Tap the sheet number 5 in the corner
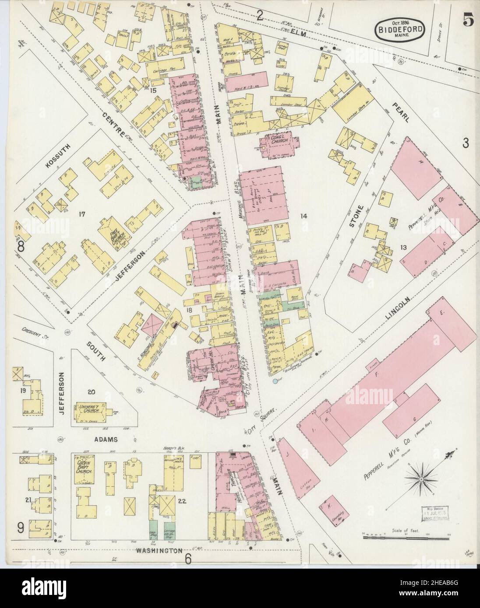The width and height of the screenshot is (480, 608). coord(468,21)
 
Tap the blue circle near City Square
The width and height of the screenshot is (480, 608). coord(275,382)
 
